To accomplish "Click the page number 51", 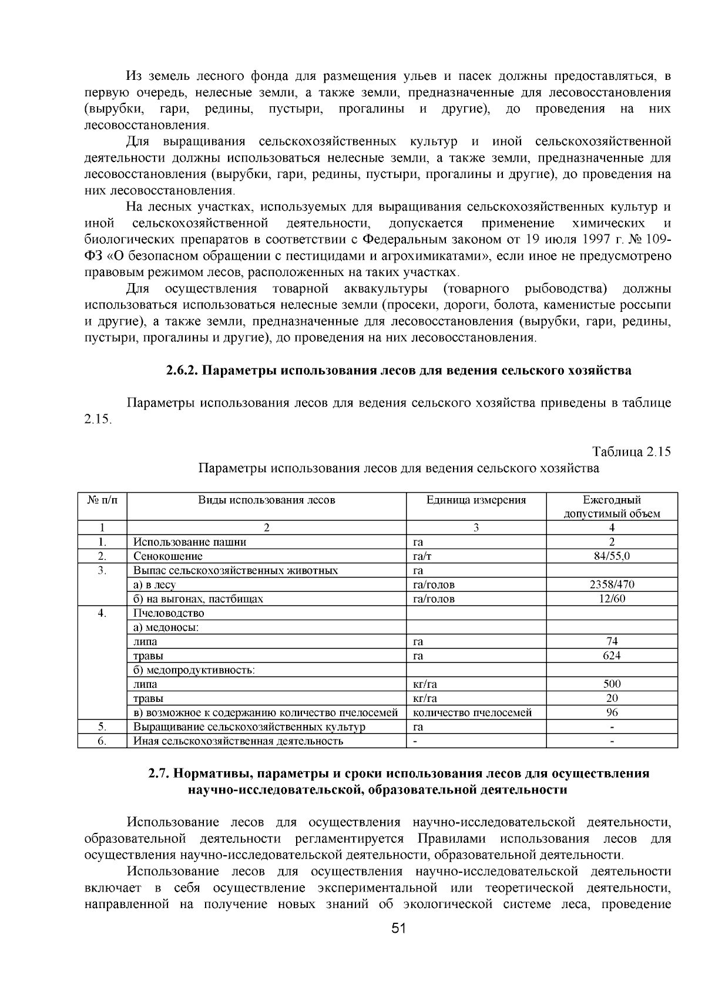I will point(399,945).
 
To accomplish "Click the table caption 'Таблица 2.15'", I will point(632,452).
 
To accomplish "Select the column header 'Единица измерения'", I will point(476,500).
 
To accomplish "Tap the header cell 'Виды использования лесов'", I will point(266,500).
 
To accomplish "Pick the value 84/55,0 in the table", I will point(612,556).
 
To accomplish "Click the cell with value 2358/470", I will point(612,584).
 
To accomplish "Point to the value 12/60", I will point(612,599).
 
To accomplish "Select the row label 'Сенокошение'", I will point(168,556).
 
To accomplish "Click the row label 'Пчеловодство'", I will point(169,613).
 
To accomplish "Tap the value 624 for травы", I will point(612,656).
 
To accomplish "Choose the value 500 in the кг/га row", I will point(612,684).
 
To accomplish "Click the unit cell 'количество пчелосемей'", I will point(472,712).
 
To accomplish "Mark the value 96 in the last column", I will point(612,712).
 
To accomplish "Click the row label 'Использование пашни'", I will point(190,542).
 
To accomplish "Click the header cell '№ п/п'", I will point(102,500).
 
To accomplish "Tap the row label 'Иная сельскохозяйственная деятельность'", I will point(238,741).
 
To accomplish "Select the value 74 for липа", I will point(612,641).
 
